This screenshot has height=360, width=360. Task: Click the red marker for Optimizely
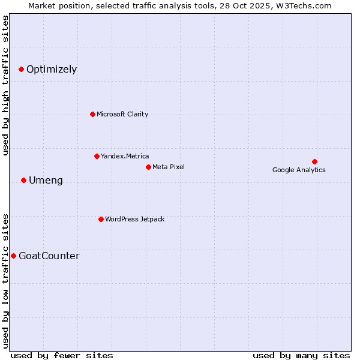coord(21,70)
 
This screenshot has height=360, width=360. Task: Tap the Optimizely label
coord(52,70)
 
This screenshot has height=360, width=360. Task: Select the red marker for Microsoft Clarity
coord(92,114)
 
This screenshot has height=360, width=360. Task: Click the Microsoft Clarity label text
coord(122,114)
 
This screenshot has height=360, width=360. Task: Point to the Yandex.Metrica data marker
coord(97,156)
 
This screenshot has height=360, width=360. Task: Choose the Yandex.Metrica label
coord(125,156)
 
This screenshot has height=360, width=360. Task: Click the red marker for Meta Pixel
coord(148,167)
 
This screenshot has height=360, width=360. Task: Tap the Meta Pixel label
coord(169,167)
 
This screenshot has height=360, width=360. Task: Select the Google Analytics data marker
coord(314,161)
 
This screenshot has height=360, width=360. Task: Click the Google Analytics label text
coord(299,170)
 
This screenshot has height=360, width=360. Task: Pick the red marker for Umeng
coord(23,180)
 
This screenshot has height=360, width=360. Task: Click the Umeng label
coord(46,181)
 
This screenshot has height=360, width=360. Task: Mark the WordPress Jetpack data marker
coord(101,219)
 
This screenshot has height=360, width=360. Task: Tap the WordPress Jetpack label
coord(134,219)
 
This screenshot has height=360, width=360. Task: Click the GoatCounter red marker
coord(13,256)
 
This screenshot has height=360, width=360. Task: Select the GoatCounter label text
coord(49,256)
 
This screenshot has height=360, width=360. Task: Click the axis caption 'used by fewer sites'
coord(62,355)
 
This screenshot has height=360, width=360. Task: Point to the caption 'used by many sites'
coord(301,355)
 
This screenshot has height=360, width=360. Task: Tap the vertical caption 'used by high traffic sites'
coord(6,85)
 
